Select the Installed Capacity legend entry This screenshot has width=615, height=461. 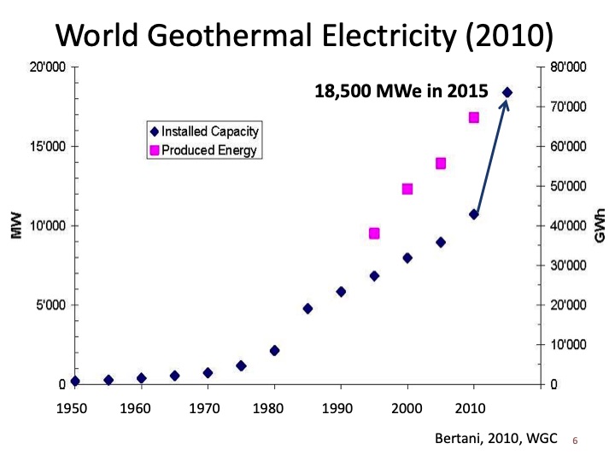click(204, 132)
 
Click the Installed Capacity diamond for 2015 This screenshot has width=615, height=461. click(507, 92)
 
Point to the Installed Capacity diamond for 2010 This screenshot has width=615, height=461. click(474, 214)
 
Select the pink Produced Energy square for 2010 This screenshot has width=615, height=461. click(474, 118)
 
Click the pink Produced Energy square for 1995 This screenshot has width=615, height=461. click(374, 233)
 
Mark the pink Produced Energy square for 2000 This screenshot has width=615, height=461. click(407, 189)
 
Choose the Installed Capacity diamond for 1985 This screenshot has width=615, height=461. click(307, 308)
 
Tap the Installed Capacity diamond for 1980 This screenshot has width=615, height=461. click(274, 350)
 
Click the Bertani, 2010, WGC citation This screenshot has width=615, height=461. click(496, 438)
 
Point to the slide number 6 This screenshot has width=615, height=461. click(575, 441)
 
